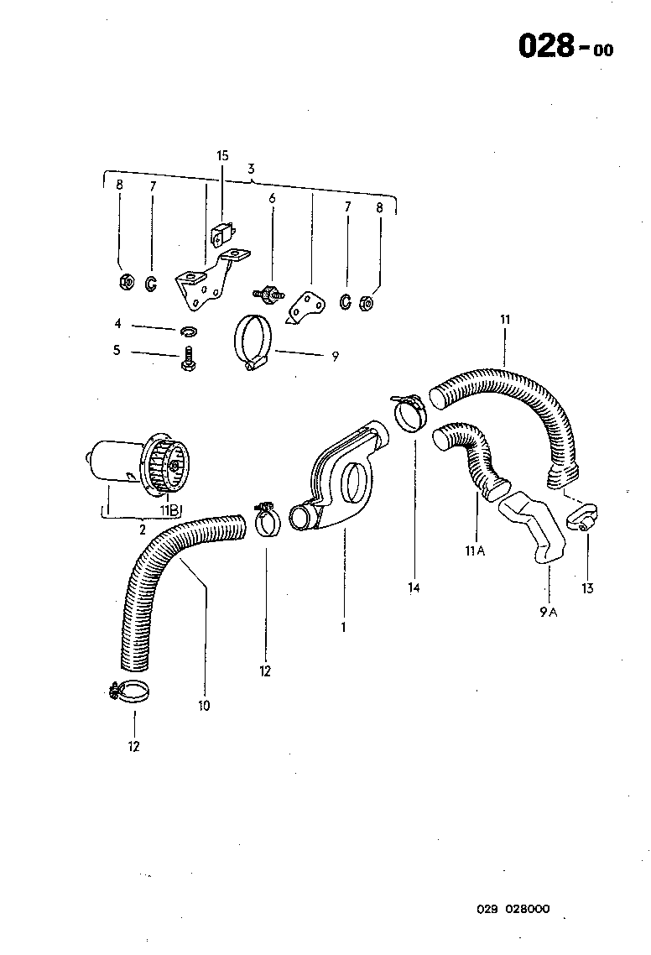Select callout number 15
(222, 155)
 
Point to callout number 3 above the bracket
(252, 169)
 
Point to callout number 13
(587, 588)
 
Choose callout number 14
(414, 588)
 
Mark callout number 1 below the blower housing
(343, 626)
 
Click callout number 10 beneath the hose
(204, 706)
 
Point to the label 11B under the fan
(169, 510)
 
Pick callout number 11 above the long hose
(504, 320)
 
